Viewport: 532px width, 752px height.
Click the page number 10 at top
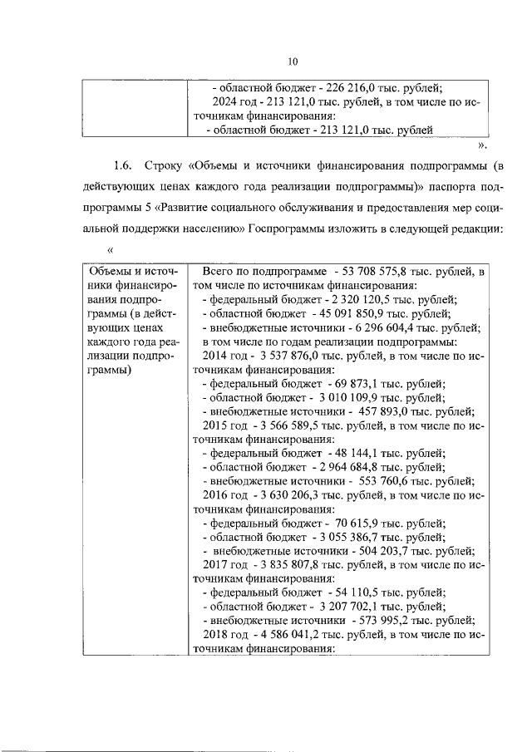(292, 61)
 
